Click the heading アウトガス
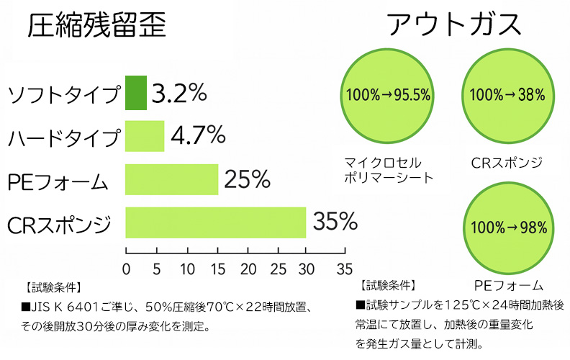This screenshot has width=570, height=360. (453, 24)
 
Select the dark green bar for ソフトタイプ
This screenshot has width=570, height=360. (136, 93)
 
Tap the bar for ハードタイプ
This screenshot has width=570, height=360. (145, 136)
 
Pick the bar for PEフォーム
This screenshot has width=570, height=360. (171, 179)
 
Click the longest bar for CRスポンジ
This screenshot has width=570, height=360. (216, 222)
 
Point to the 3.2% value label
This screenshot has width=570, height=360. (181, 93)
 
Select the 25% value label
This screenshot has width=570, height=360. (247, 179)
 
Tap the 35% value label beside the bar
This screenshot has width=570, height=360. (336, 222)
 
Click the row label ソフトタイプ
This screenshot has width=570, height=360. (63, 94)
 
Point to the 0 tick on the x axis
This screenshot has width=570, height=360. (127, 269)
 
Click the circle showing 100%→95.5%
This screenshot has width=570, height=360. (388, 95)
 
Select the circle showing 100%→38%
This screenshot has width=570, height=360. (511, 95)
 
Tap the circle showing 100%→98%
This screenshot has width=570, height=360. (511, 227)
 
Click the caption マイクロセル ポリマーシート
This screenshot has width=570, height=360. (388, 169)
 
